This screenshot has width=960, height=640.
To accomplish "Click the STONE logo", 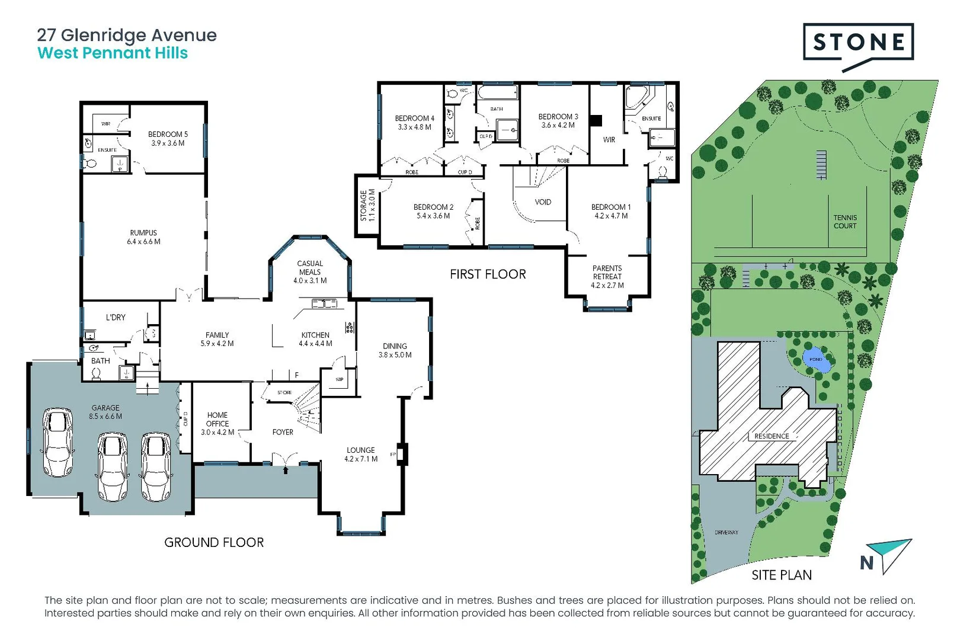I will pos(858,43).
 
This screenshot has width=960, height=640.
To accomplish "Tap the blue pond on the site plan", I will pos(816,360).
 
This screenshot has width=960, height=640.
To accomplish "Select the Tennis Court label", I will pos(844,222).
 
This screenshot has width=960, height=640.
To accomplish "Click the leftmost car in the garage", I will pos(57,441).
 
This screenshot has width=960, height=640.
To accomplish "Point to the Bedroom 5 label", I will pos(168,135).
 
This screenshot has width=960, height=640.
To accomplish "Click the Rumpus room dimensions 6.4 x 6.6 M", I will pos(143,242).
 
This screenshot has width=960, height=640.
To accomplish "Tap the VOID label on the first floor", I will pos(543,202).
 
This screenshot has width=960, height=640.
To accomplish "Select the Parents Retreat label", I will pos(607,273).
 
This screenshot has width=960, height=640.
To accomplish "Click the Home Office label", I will pos(217,420).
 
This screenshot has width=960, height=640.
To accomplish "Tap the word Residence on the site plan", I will pos(772,436).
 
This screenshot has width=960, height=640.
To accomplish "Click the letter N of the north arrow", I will pos(866,563).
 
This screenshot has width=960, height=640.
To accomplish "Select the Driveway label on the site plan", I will pos(727,532).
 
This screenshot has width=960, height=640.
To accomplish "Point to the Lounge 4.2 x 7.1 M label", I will pos(361,455).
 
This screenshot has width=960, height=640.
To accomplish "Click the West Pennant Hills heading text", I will pos(113,53).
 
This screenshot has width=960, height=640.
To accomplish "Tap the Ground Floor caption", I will pos(214,542).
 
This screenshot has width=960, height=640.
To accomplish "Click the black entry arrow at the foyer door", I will pos(286,470).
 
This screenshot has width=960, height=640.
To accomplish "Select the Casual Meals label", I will pos(310,268).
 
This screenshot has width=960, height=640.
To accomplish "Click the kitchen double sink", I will pos(324,304).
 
